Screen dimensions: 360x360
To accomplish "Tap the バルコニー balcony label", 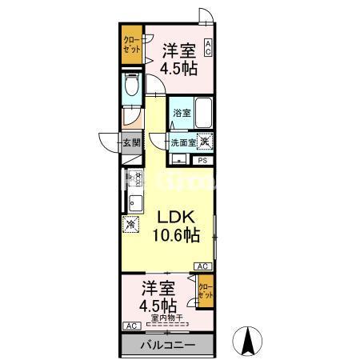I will pos(168,346).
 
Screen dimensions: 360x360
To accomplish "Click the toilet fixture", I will pos(133,87).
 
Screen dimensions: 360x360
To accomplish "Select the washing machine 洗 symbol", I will pos(206,142).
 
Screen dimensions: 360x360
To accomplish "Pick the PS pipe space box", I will pos(202,160).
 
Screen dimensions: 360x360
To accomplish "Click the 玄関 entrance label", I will pos(131,144).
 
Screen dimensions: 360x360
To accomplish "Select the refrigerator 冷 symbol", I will pos(131,225).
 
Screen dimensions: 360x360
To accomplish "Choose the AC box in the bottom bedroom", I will pos(130,326).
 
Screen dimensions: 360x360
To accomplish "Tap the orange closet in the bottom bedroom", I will pos(205,290).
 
